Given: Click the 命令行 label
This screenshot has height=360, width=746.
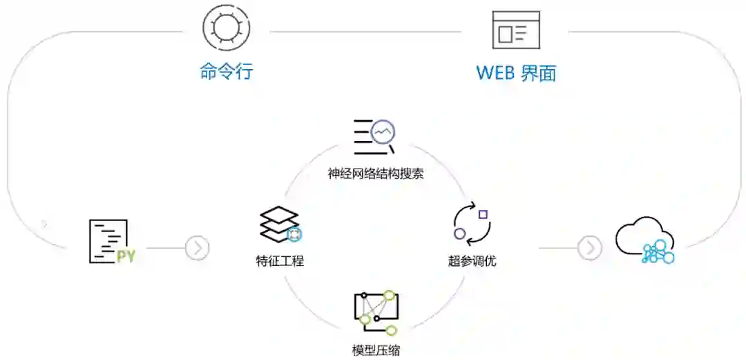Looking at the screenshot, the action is pos(226,72).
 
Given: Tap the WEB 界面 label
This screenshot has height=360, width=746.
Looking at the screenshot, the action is pos(516,73).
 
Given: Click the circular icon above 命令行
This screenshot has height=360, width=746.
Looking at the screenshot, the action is pos(226,28).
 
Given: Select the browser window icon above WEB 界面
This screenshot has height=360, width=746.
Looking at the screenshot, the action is pos(516,30).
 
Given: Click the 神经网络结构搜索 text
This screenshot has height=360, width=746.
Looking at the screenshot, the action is pos(376,173).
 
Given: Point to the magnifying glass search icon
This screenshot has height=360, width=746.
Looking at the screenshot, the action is pos(383,133).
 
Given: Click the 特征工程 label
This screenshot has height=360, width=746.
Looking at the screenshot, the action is pos(279,261).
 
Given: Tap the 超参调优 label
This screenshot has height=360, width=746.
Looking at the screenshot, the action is pos(472,261).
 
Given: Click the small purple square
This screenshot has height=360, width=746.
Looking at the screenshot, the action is pos(483,214).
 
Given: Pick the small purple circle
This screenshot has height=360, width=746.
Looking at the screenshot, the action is pos(459,234).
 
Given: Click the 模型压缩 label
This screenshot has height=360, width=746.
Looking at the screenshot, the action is pos(376,350).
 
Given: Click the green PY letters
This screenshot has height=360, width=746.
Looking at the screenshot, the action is pos(126,256).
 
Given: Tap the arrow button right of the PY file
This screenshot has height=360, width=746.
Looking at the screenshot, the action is pos(198,247).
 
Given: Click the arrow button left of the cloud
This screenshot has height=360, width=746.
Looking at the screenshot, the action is pos(589,247).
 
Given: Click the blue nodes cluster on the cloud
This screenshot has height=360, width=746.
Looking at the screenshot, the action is pos(658,253).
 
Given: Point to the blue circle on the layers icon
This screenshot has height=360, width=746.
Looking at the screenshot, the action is pos(295,235).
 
